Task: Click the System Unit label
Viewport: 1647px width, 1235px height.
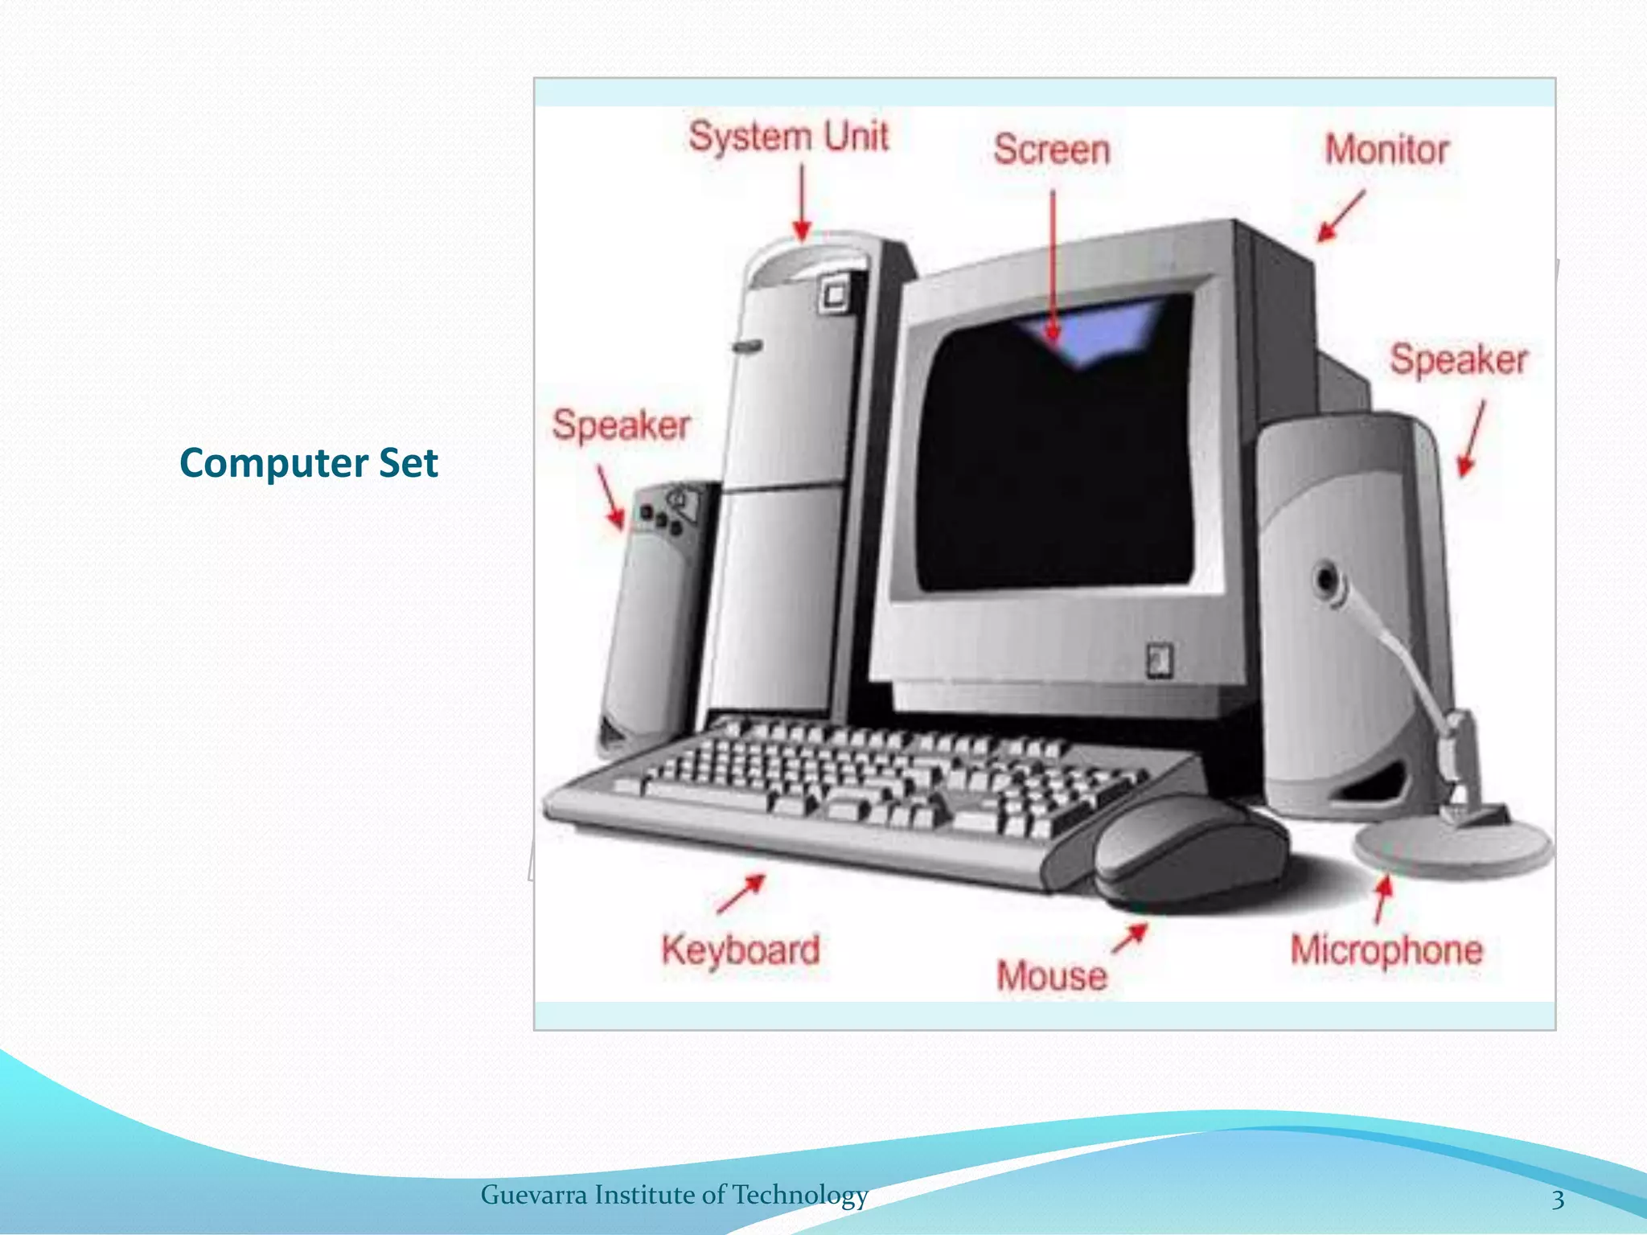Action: (x=789, y=137)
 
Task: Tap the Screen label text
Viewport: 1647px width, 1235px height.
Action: (x=1051, y=150)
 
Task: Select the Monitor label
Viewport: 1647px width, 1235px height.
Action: (x=1386, y=150)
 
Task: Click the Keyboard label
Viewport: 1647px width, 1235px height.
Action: (x=741, y=950)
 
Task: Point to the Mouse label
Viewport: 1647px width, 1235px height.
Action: (x=1052, y=975)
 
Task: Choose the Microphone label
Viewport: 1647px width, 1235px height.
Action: (x=1386, y=950)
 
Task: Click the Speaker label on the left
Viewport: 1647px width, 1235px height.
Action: (x=621, y=425)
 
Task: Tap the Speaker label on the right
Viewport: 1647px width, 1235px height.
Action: (x=1459, y=359)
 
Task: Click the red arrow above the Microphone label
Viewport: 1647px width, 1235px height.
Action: (x=1382, y=899)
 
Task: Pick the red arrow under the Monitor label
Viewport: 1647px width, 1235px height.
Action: (x=1341, y=215)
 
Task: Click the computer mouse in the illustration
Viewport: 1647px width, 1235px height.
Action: (x=1190, y=852)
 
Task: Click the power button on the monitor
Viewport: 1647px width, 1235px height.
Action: (x=1159, y=660)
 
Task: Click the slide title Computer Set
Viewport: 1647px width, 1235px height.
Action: (x=309, y=463)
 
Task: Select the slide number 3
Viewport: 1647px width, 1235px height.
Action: (x=1558, y=1200)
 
